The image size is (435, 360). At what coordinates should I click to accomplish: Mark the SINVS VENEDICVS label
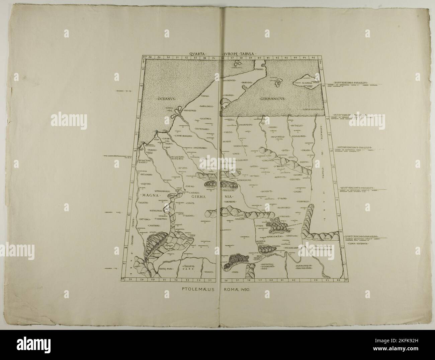click(x=312, y=109)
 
